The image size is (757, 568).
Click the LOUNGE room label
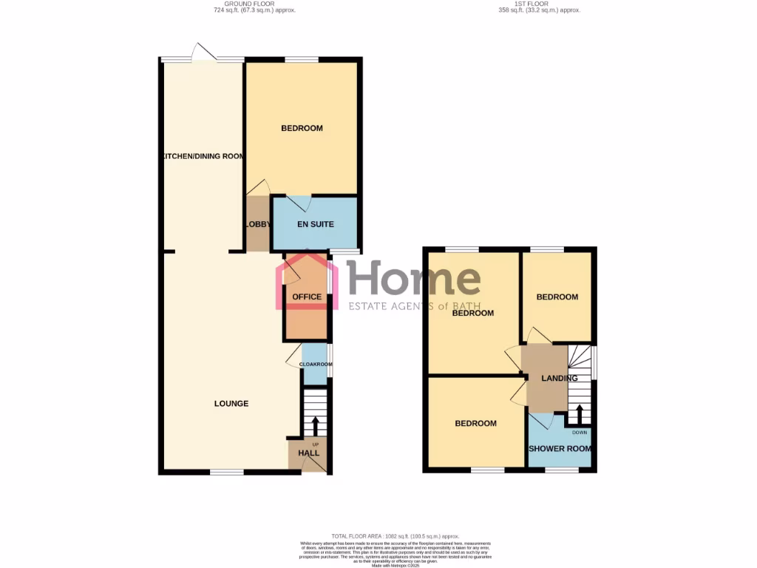click(x=231, y=404)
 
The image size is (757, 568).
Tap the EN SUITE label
click(x=316, y=224)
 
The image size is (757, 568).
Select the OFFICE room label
click(x=307, y=297)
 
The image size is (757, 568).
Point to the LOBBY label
click(x=258, y=224)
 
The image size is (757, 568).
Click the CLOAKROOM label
click(x=316, y=365)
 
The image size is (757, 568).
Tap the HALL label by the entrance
click(x=308, y=453)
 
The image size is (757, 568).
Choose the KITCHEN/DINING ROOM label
click(x=203, y=157)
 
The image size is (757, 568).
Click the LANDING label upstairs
click(x=560, y=379)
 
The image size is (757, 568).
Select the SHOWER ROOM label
click(x=560, y=449)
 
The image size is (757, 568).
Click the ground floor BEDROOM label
click(x=302, y=129)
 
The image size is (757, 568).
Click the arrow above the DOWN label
click(x=580, y=414)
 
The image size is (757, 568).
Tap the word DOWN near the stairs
click(x=580, y=433)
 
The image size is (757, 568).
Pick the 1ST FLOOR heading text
click(x=539, y=4)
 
